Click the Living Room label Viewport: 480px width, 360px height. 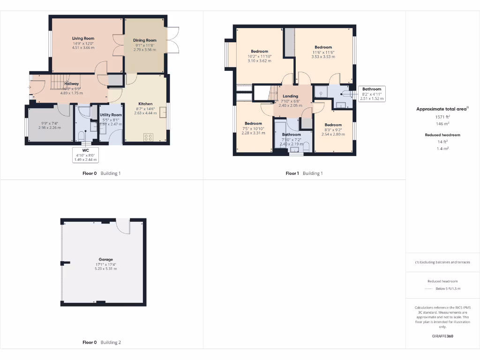tap(83, 38)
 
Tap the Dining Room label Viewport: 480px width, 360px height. tap(144, 40)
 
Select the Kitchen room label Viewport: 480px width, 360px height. tap(145, 104)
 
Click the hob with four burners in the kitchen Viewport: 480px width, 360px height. tap(148, 137)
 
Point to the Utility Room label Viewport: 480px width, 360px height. tap(111, 115)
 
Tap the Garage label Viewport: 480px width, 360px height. tap(105, 259)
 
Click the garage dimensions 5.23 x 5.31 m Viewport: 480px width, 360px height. tap(105, 269)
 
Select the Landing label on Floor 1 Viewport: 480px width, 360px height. tap(290, 96)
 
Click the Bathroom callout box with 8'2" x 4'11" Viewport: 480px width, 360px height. tap(371, 94)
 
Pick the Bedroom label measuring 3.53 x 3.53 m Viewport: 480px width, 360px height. tap(323, 47)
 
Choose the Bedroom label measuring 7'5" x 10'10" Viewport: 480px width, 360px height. tap(253, 124)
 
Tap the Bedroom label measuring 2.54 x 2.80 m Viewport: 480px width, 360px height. tap(333, 125)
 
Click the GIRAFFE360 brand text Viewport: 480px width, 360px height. tap(442, 336)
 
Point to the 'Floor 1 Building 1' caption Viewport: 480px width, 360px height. tap(304, 173)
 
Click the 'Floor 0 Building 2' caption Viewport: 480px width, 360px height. tap(102, 343)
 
